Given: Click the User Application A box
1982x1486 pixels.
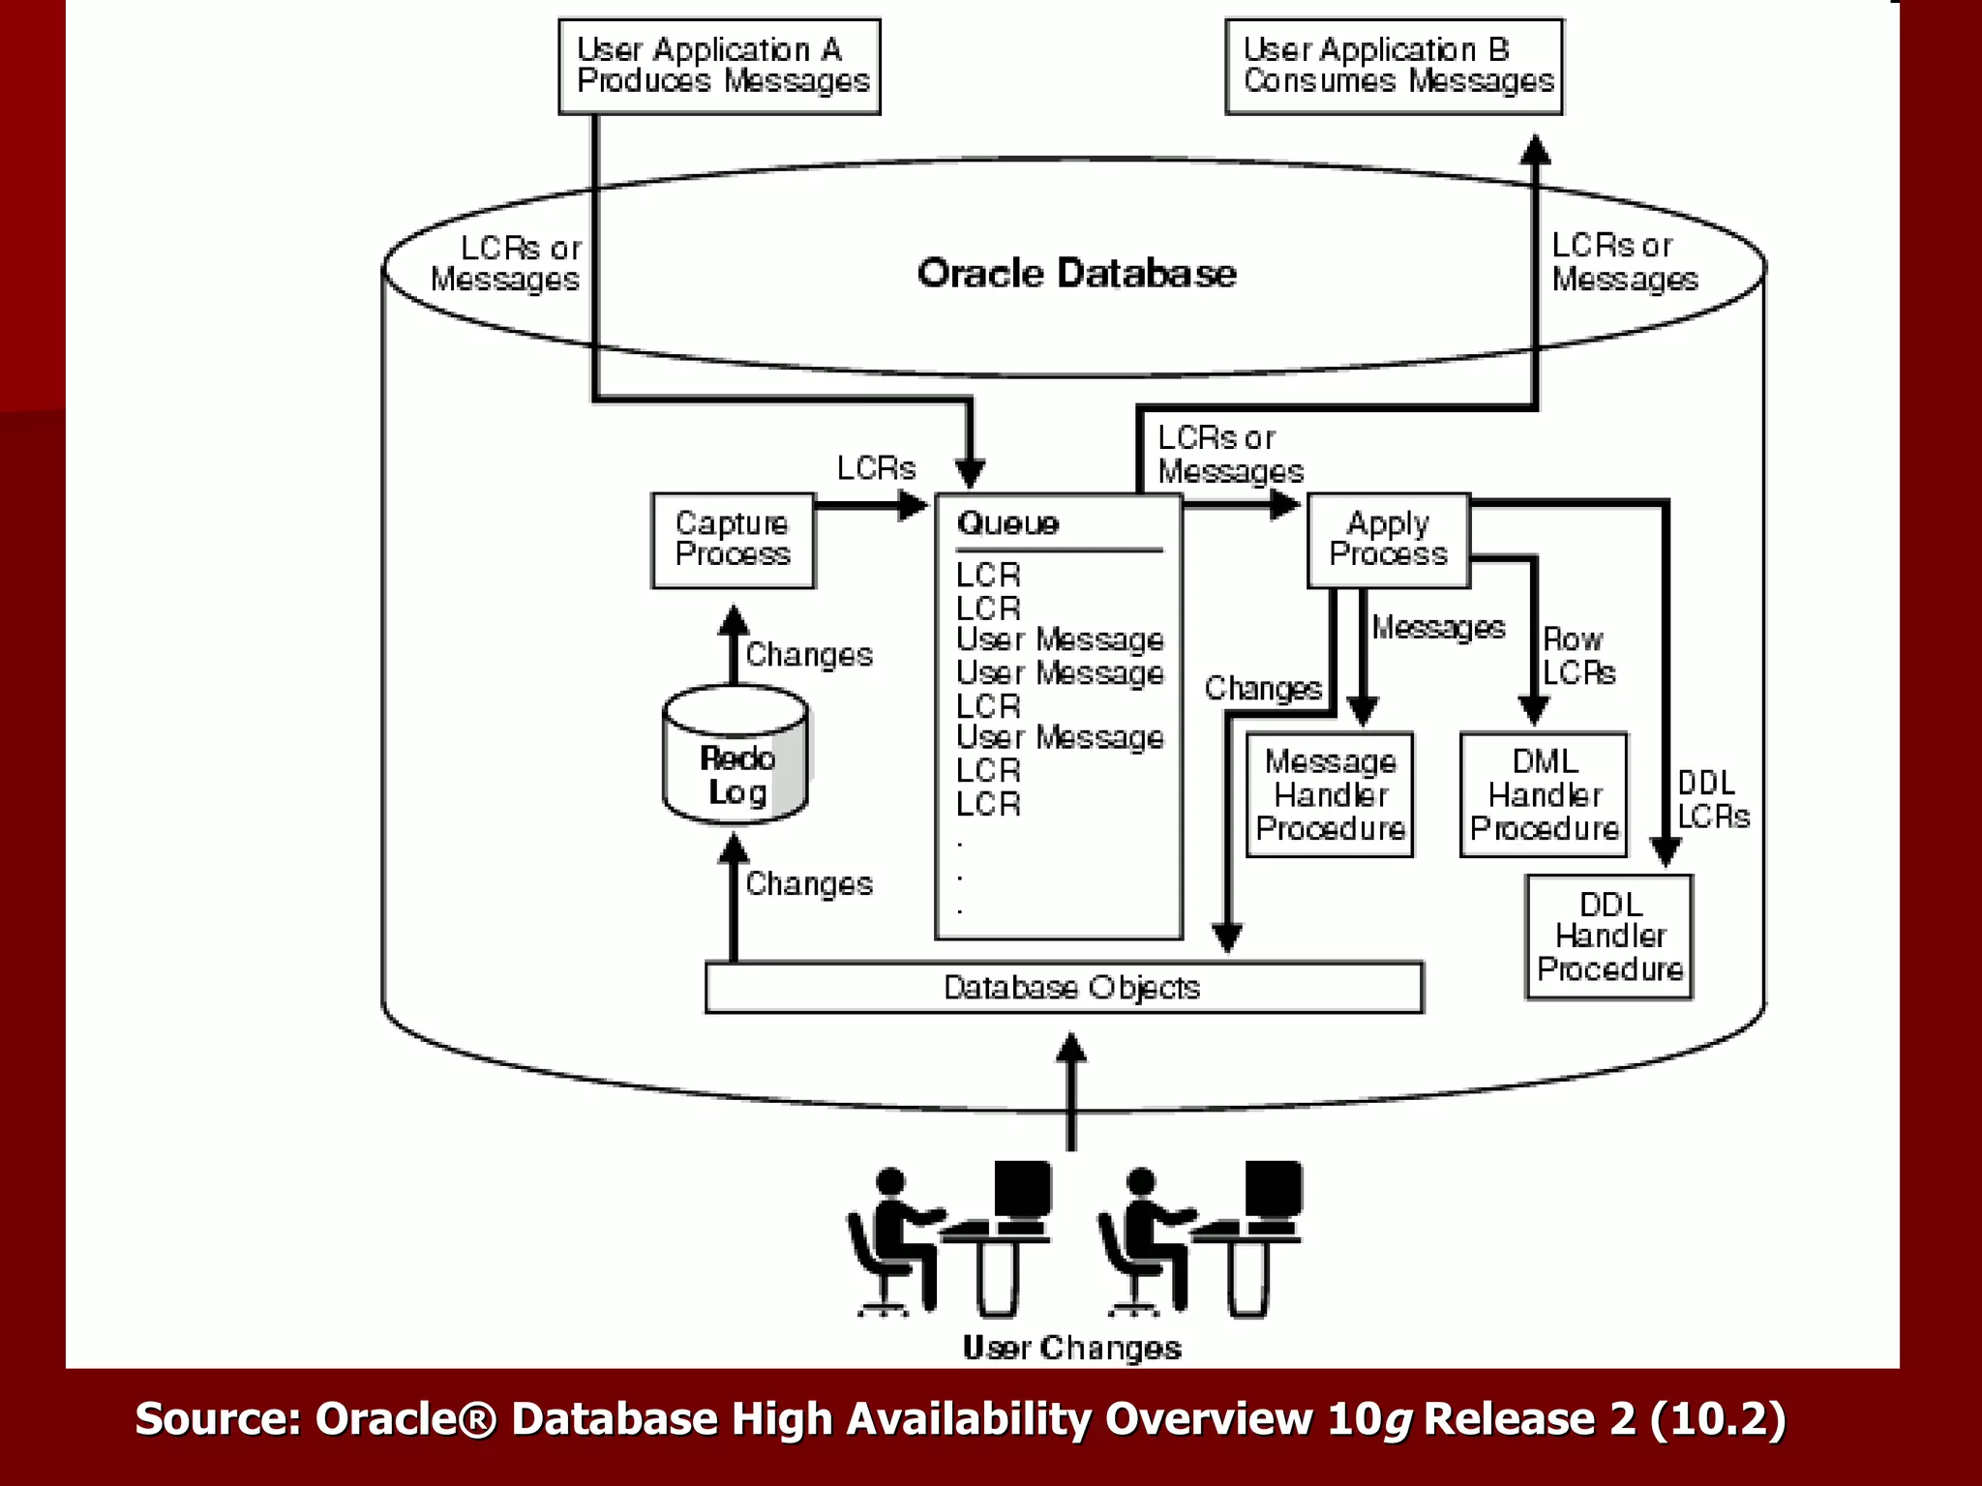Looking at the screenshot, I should (x=719, y=66).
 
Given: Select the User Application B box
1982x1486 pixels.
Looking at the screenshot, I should (x=1394, y=66).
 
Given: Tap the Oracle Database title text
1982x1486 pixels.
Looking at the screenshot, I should (x=1076, y=273).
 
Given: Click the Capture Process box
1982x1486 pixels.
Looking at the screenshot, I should (x=733, y=540).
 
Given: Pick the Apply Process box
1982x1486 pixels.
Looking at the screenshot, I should (x=1388, y=540).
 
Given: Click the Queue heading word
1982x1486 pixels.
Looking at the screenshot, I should (x=1007, y=523).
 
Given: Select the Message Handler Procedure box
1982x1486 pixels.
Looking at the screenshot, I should (x=1330, y=795).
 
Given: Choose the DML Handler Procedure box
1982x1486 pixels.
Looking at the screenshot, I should (x=1544, y=795).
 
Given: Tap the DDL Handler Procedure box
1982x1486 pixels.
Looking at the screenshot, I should (x=1609, y=936).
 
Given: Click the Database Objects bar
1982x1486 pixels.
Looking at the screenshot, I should (x=1065, y=987).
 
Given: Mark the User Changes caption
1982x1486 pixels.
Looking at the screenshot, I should (x=1071, y=1348).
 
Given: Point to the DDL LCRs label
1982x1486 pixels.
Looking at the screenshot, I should (x=1712, y=799).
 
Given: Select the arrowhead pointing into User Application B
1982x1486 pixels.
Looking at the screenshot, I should (x=1535, y=150).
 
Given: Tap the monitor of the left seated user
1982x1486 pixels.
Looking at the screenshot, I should (x=1023, y=1189).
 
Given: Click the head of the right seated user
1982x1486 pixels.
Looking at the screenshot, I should (x=1141, y=1181).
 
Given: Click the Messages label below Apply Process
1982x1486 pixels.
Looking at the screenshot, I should (x=1438, y=628).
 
